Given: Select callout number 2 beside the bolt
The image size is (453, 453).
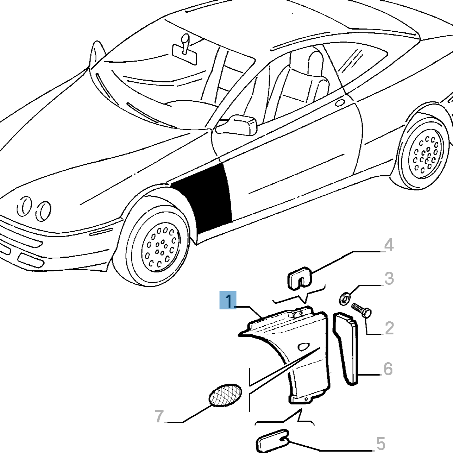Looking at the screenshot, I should tap(389, 328).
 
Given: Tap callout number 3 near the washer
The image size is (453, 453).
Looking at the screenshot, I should tap(389, 278).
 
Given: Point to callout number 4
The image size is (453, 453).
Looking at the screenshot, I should tap(388, 245).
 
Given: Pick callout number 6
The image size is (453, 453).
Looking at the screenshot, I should tap(388, 369).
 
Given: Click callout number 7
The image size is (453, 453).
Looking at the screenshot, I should tap(159, 416).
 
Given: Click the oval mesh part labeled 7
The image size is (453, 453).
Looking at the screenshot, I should tap(225, 396).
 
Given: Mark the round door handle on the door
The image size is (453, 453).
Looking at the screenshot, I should tap(340, 103).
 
